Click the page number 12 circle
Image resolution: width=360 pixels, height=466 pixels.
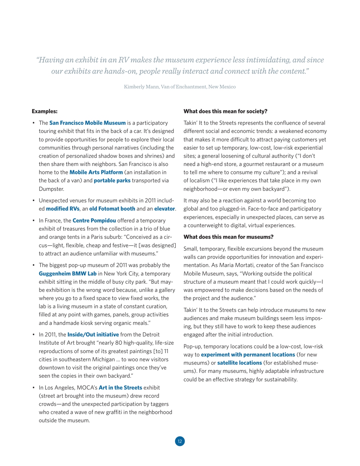point(180,441)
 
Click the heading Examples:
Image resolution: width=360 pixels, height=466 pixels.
point(44,111)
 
